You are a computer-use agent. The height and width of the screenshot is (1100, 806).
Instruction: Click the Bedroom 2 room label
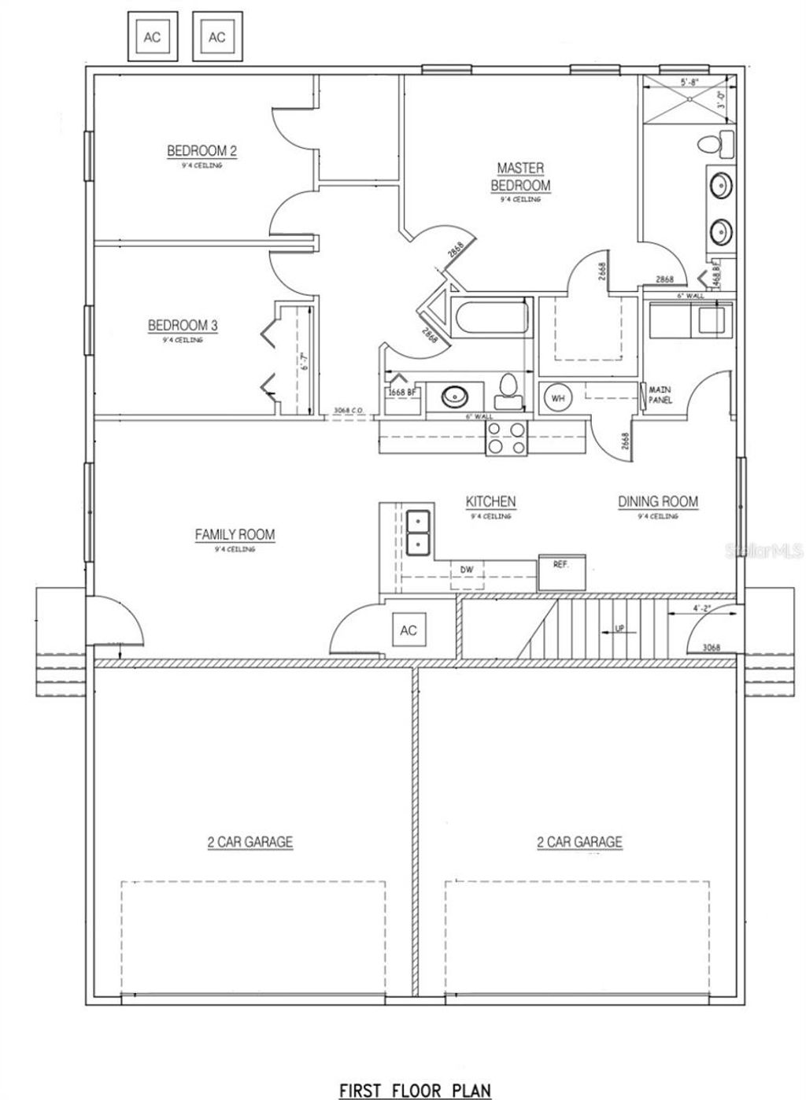pyautogui.click(x=201, y=151)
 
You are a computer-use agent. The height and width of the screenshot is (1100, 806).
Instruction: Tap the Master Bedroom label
pyautogui.click(x=520, y=177)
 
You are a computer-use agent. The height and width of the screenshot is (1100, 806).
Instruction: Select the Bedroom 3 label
pyautogui.click(x=183, y=325)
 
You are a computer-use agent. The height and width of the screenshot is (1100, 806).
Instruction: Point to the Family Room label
pyautogui.click(x=235, y=535)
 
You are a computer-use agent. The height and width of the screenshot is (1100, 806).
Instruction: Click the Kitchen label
pyautogui.click(x=490, y=502)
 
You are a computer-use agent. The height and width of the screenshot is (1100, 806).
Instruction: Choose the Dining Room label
pyautogui.click(x=657, y=502)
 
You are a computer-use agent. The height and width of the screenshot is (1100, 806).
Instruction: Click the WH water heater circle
pyautogui.click(x=558, y=398)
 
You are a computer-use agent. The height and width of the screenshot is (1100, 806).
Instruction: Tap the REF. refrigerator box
pyautogui.click(x=562, y=572)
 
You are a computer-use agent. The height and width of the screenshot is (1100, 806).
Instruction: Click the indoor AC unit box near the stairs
pyautogui.click(x=408, y=630)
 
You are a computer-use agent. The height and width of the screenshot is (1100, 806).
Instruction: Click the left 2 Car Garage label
pyautogui.click(x=250, y=842)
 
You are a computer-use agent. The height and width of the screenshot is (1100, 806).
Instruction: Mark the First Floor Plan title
pyautogui.click(x=415, y=1090)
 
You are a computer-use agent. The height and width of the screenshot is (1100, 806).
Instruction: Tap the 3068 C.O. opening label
pyautogui.click(x=347, y=411)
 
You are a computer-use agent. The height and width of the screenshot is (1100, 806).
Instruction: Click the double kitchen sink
pyautogui.click(x=417, y=532)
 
